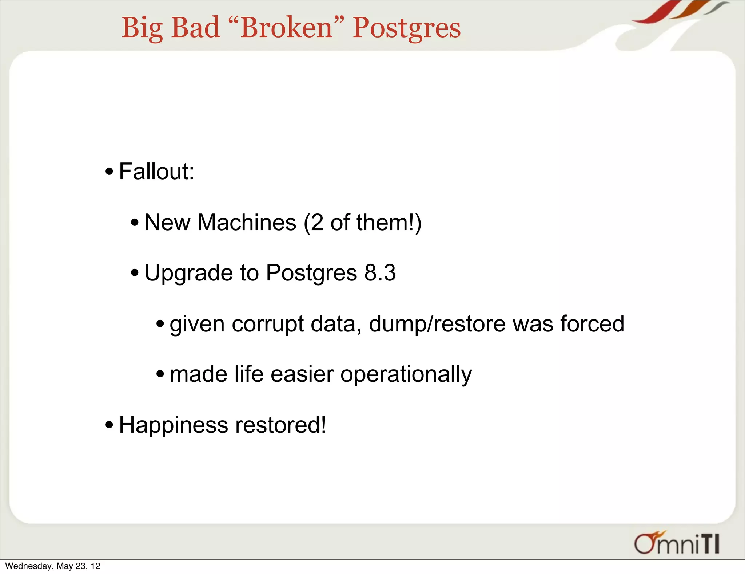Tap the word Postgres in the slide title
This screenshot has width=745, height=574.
click(x=406, y=28)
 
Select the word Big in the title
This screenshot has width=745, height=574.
click(x=142, y=28)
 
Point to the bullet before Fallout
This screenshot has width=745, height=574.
click(x=109, y=172)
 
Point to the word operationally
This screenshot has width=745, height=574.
click(x=406, y=374)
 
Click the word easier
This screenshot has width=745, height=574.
click(x=302, y=374)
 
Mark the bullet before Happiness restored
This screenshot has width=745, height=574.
click(x=109, y=425)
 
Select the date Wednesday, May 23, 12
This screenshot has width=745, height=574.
click(x=53, y=566)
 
